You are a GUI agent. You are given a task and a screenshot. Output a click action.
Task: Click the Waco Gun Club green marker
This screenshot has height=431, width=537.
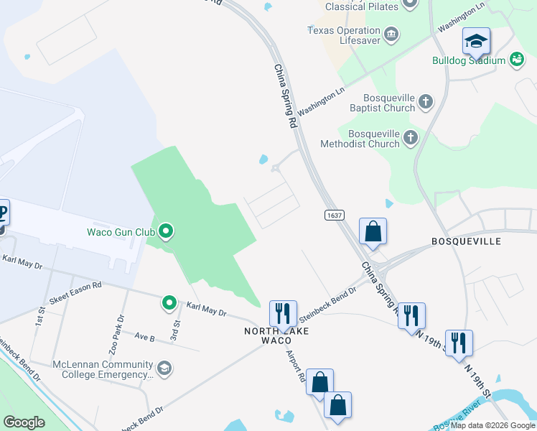[x=167, y=231]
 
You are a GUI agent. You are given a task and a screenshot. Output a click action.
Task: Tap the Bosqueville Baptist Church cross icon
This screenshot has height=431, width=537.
[x=426, y=101]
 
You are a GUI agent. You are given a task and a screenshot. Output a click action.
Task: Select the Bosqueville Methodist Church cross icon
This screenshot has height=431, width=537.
[x=411, y=137]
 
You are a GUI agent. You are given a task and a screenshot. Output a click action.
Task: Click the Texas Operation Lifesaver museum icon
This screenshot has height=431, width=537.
[x=391, y=34]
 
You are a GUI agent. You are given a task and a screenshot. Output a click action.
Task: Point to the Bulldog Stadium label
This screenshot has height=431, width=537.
[x=469, y=61]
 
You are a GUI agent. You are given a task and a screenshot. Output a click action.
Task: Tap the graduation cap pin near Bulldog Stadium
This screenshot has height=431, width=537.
[x=476, y=42]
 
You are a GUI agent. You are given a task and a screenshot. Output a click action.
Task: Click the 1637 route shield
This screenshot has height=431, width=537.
[x=335, y=214]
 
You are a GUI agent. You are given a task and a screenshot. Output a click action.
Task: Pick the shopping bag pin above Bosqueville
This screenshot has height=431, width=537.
[x=373, y=232]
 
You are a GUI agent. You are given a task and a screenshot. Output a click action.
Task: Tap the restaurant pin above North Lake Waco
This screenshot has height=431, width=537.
[x=282, y=313]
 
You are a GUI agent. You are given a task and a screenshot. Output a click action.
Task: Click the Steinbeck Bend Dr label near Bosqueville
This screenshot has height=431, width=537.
[x=327, y=304]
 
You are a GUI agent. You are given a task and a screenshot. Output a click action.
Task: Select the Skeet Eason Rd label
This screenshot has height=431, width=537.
[x=75, y=292]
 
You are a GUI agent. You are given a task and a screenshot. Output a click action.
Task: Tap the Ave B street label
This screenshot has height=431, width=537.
[x=144, y=336]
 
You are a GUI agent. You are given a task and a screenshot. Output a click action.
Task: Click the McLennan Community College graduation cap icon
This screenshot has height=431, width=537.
[x=164, y=369]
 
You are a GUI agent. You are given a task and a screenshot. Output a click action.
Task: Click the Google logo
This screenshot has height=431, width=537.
[x=24, y=422]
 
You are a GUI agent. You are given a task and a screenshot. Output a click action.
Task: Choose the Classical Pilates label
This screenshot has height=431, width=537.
[x=361, y=6]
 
